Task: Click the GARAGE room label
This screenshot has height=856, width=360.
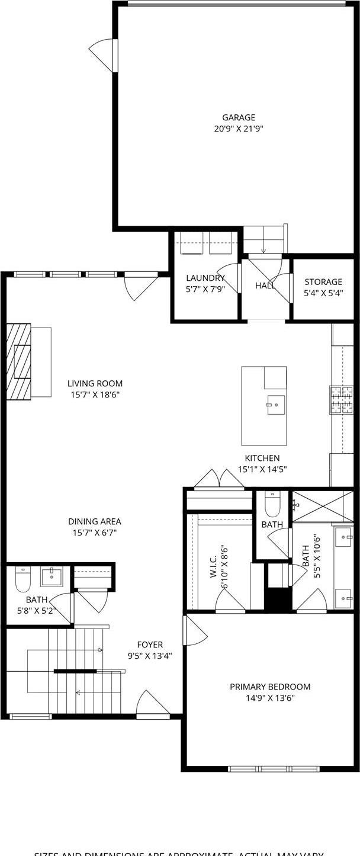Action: click(239, 117)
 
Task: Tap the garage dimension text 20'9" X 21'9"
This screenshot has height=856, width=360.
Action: click(239, 129)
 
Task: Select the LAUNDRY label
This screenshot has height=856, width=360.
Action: click(205, 278)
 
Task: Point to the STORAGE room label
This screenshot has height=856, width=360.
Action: click(323, 282)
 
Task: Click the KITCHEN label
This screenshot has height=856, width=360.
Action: click(262, 458)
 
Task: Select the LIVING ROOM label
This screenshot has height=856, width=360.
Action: click(95, 383)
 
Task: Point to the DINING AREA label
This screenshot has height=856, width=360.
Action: click(95, 521)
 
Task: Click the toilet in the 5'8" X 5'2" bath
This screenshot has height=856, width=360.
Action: click(22, 579)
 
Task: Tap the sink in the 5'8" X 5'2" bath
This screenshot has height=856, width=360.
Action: click(52, 576)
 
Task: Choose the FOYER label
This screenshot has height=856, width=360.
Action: click(150, 645)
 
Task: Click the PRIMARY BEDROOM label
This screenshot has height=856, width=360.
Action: click(270, 687)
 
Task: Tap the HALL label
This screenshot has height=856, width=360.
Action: click(265, 286)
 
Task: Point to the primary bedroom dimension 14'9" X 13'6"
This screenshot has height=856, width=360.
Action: click(270, 698)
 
